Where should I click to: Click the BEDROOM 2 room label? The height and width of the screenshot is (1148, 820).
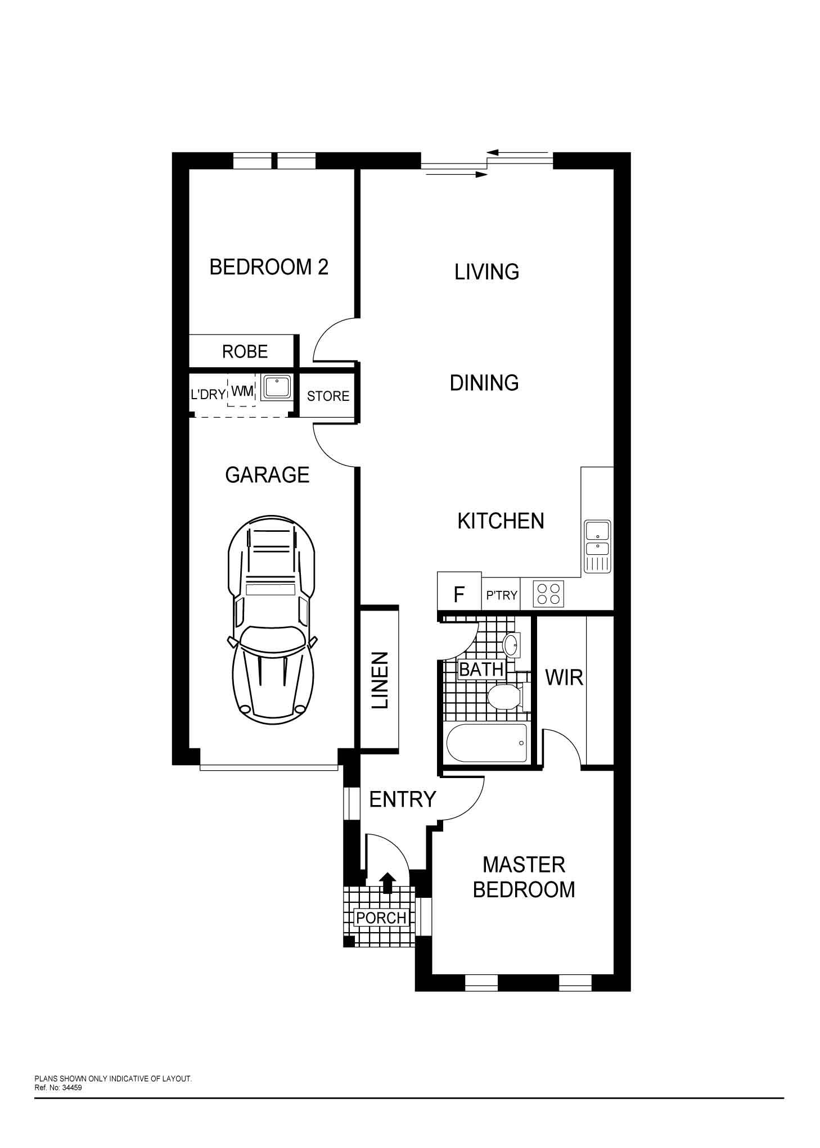click(269, 266)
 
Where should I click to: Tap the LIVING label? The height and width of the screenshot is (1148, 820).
click(486, 272)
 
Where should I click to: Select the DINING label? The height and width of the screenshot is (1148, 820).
click(484, 383)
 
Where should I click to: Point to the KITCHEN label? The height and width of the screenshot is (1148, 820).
click(501, 521)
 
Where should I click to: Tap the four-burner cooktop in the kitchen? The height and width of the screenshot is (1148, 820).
click(549, 593)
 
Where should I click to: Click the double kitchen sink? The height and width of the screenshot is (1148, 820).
click(597, 546)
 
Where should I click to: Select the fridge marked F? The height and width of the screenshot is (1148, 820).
click(459, 591)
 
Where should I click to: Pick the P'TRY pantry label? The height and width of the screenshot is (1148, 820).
click(502, 595)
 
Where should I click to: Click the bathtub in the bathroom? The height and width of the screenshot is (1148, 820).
click(487, 742)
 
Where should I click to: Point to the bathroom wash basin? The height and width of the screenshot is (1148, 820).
click(513, 645)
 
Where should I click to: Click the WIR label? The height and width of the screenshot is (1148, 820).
click(564, 678)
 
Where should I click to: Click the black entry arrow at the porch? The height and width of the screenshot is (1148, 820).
click(388, 883)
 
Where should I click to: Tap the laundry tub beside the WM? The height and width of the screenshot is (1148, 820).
click(277, 388)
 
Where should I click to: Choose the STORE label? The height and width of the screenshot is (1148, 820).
click(328, 396)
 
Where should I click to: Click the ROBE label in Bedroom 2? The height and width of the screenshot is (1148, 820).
click(245, 352)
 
